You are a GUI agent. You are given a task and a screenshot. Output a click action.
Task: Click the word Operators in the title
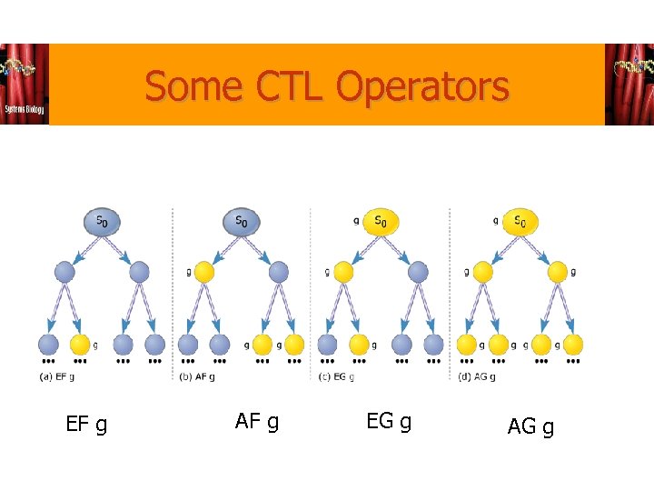pos(422,87)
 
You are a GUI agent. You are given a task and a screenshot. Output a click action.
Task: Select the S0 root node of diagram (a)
pos(102,221)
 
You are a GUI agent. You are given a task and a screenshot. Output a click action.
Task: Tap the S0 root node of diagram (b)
pos(241,221)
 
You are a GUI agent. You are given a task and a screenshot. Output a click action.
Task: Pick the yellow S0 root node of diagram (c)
pos(380,221)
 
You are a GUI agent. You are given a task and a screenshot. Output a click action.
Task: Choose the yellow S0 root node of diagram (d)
pos(519,221)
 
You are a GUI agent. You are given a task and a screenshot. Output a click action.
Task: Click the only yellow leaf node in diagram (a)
pos(80,345)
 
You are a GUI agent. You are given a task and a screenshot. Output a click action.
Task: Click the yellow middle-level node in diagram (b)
pos(204,271)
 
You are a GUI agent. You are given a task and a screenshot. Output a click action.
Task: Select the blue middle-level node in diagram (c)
pos(418,271)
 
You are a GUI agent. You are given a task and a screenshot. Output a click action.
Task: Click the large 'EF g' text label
pos(86,424)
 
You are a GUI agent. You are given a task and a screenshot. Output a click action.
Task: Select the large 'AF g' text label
pos(256,421)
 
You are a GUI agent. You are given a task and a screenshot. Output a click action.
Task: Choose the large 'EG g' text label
pos(388,421)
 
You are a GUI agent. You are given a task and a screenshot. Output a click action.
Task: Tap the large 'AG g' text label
pos(530,426)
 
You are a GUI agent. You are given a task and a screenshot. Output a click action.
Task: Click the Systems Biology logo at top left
pos(25,85)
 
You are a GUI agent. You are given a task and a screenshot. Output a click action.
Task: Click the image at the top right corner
pos(629,85)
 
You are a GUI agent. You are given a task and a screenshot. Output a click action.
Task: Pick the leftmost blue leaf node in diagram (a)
pos(48,345)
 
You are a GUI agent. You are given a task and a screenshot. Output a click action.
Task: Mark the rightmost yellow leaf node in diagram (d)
pos(572,345)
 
